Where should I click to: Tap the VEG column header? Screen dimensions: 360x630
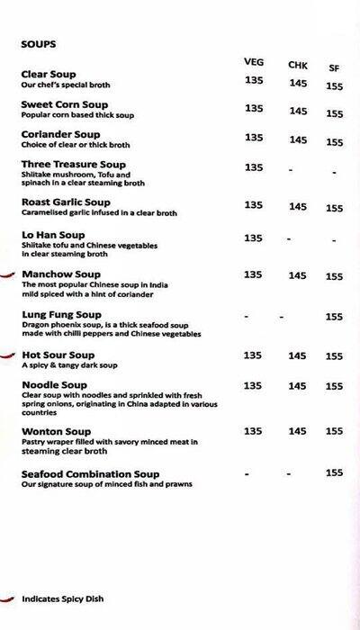coord(253,61)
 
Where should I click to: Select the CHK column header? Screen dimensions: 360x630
coord(298,65)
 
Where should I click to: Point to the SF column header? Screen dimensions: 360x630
coord(334,67)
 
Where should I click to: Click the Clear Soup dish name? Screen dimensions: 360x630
coord(49,74)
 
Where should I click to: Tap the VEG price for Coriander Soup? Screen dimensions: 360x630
coord(254,138)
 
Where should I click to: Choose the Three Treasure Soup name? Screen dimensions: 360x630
coord(74,165)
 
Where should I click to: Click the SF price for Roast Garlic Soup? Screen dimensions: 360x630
coord(335,208)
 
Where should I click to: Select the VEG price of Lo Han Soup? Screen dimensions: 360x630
coord(254,238)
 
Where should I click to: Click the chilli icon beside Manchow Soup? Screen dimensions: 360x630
coord(8,274)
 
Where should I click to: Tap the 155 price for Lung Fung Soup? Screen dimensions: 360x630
coord(335,317)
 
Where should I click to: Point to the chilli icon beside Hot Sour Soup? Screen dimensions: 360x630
coord(8,355)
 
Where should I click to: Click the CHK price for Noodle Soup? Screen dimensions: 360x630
coord(298,386)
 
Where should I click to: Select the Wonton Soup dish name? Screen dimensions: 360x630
coord(56,431)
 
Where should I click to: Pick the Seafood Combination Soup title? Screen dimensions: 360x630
coord(90,473)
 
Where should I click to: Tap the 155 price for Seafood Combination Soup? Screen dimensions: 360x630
coord(335,472)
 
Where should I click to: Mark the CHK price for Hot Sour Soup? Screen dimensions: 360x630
coord(298,355)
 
